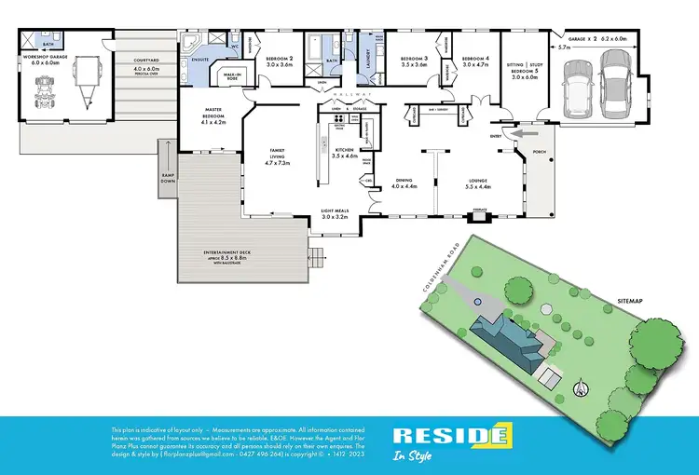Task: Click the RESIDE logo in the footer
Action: [450, 436]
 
